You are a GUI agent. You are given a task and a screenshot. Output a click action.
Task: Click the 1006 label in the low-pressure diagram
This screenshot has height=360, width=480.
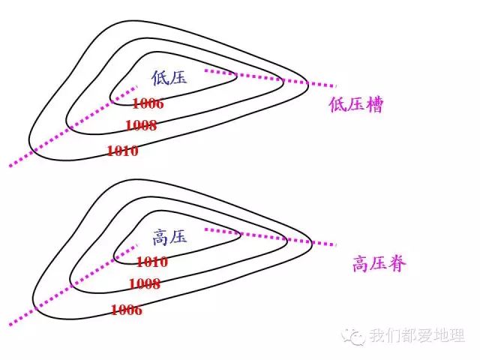(147, 103)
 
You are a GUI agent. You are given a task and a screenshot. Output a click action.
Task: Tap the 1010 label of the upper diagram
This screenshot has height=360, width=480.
(122, 151)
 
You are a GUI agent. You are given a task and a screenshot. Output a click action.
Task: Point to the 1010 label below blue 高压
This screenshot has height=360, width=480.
(151, 262)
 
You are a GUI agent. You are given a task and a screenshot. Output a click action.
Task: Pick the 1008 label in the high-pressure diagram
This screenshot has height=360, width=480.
(144, 284)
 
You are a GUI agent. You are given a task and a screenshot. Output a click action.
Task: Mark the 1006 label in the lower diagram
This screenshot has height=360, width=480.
(126, 310)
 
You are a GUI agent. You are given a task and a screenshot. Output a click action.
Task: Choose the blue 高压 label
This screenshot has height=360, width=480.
(169, 238)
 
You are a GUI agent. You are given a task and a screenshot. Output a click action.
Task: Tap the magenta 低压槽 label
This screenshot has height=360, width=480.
(355, 104)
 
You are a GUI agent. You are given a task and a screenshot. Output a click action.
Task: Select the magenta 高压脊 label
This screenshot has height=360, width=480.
(379, 264)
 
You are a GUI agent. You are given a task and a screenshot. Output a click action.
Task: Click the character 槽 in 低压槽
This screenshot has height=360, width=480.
(373, 104)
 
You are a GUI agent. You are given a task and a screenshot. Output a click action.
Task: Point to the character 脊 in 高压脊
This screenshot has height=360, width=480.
(397, 264)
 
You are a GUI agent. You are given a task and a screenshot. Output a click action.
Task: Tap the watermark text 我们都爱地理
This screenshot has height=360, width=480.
(417, 336)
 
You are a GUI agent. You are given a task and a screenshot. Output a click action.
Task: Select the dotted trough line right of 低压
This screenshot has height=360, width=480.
(270, 77)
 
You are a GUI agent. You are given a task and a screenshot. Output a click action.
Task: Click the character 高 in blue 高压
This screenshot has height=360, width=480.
(160, 238)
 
